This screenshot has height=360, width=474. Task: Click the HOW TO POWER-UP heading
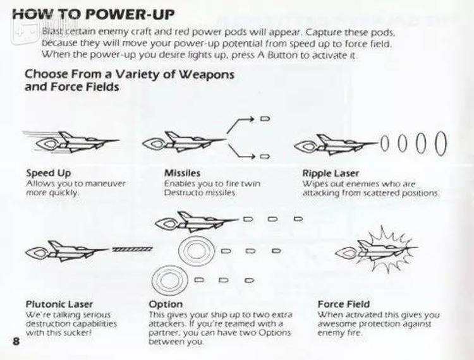pos(93,14)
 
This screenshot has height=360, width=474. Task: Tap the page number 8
pos(16,341)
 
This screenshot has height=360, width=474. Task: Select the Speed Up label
pos(49,173)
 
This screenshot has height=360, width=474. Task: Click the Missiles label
pos(182,173)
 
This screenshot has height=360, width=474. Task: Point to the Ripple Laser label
pos(331,173)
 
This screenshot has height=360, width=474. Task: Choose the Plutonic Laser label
pos(59,304)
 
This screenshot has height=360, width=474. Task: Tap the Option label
pos(166,304)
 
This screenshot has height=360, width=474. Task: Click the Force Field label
pos(344,304)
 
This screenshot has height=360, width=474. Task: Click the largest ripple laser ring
pos(441,143)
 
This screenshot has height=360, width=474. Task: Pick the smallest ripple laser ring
pos(384,143)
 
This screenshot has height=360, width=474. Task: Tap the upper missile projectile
pos(265,119)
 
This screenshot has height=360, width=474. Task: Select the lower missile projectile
pos(265,157)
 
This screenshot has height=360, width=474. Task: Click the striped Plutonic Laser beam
pos(133,249)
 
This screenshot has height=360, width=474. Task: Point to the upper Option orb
pos(197,251)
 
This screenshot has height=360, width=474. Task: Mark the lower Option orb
pos(169,280)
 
